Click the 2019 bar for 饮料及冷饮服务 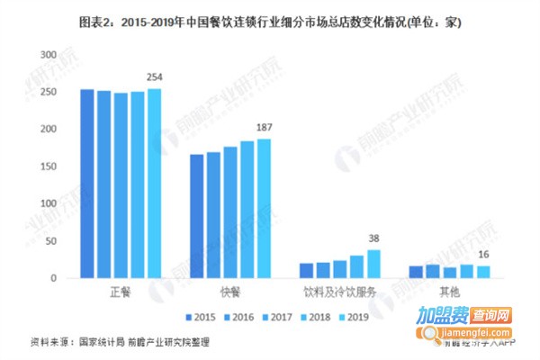(373, 264)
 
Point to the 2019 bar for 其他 (481, 272)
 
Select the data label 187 (264, 129)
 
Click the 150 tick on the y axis (48, 166)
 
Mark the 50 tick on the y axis (50, 241)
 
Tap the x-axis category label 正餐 (121, 293)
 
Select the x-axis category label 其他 (447, 293)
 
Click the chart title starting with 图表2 (270, 20)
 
